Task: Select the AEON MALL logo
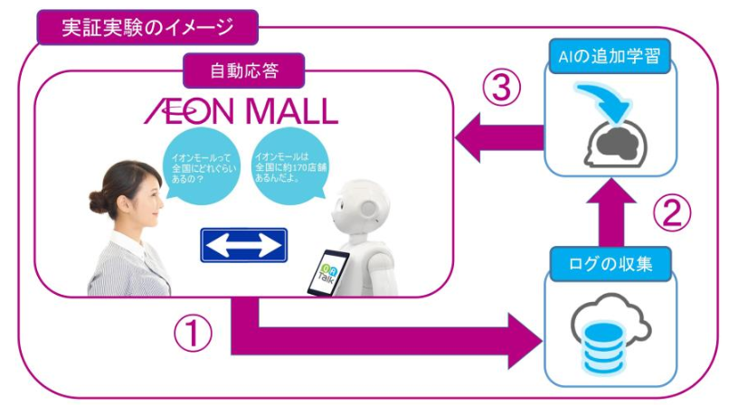(x=241, y=110)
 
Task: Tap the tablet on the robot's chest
(x=328, y=271)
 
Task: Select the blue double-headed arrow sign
(x=243, y=244)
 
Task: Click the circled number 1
(x=192, y=336)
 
